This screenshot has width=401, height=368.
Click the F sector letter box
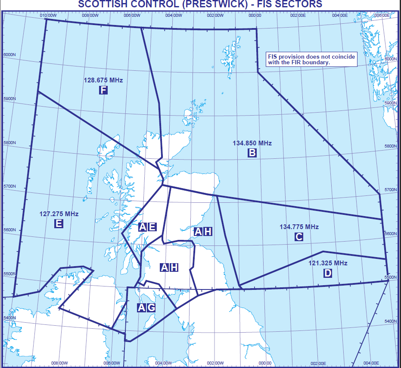tap(103, 90)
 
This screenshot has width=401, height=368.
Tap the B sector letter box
tap(252, 152)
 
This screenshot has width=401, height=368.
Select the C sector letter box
tap(298, 236)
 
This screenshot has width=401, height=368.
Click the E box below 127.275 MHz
tap(59, 223)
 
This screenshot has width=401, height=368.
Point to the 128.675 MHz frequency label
tap(103, 80)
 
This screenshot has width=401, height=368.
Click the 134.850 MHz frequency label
tap(252, 143)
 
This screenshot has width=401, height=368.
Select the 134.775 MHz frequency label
tap(299, 227)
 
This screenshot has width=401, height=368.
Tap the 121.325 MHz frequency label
tap(328, 263)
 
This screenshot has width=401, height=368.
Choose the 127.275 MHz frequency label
tap(59, 213)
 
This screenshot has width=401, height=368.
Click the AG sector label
tap(146, 307)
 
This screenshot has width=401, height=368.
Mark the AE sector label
tap(147, 227)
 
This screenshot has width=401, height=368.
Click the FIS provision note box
tap(311, 60)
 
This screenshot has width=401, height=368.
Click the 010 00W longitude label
tap(48, 16)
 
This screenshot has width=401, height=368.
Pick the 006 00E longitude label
tap(382, 16)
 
